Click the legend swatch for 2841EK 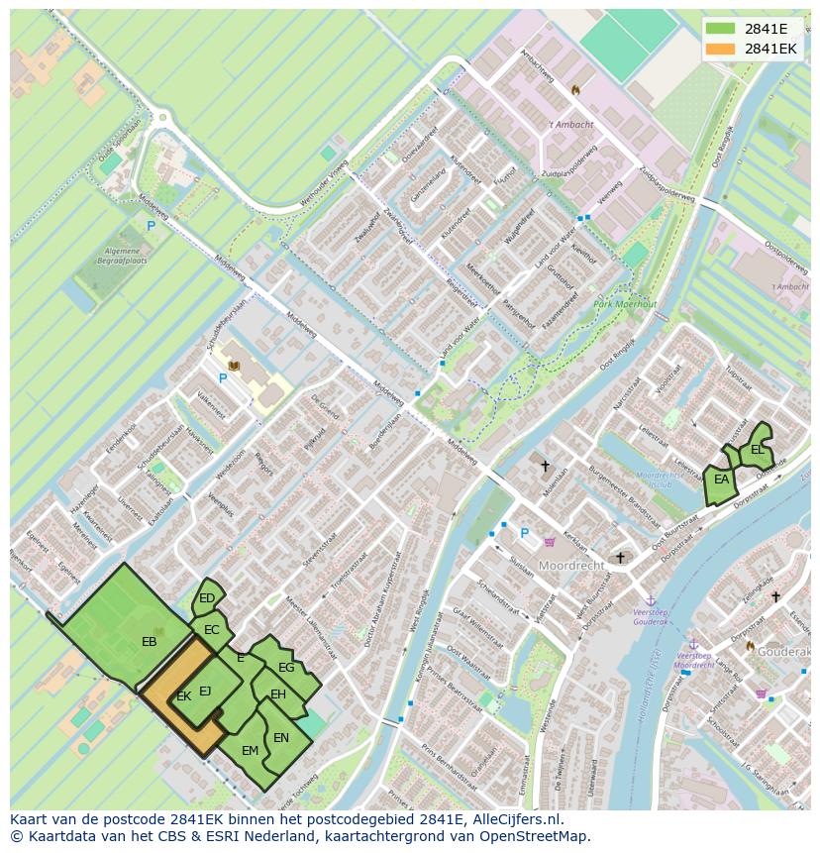(x=721, y=49)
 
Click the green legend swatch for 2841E (x=721, y=29)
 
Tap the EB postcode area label (x=149, y=642)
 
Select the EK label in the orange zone (x=183, y=696)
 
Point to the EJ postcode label (x=205, y=691)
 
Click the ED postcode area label (x=207, y=597)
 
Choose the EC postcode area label (x=211, y=629)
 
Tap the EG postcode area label (x=286, y=668)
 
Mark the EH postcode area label (x=278, y=694)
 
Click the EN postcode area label (x=281, y=737)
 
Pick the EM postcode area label (x=250, y=750)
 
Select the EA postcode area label (x=721, y=480)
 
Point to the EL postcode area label (x=757, y=449)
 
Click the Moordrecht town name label (x=570, y=566)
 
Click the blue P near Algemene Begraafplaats (x=151, y=226)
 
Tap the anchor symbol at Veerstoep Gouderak (x=651, y=600)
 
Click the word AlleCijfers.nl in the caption (x=515, y=819)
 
